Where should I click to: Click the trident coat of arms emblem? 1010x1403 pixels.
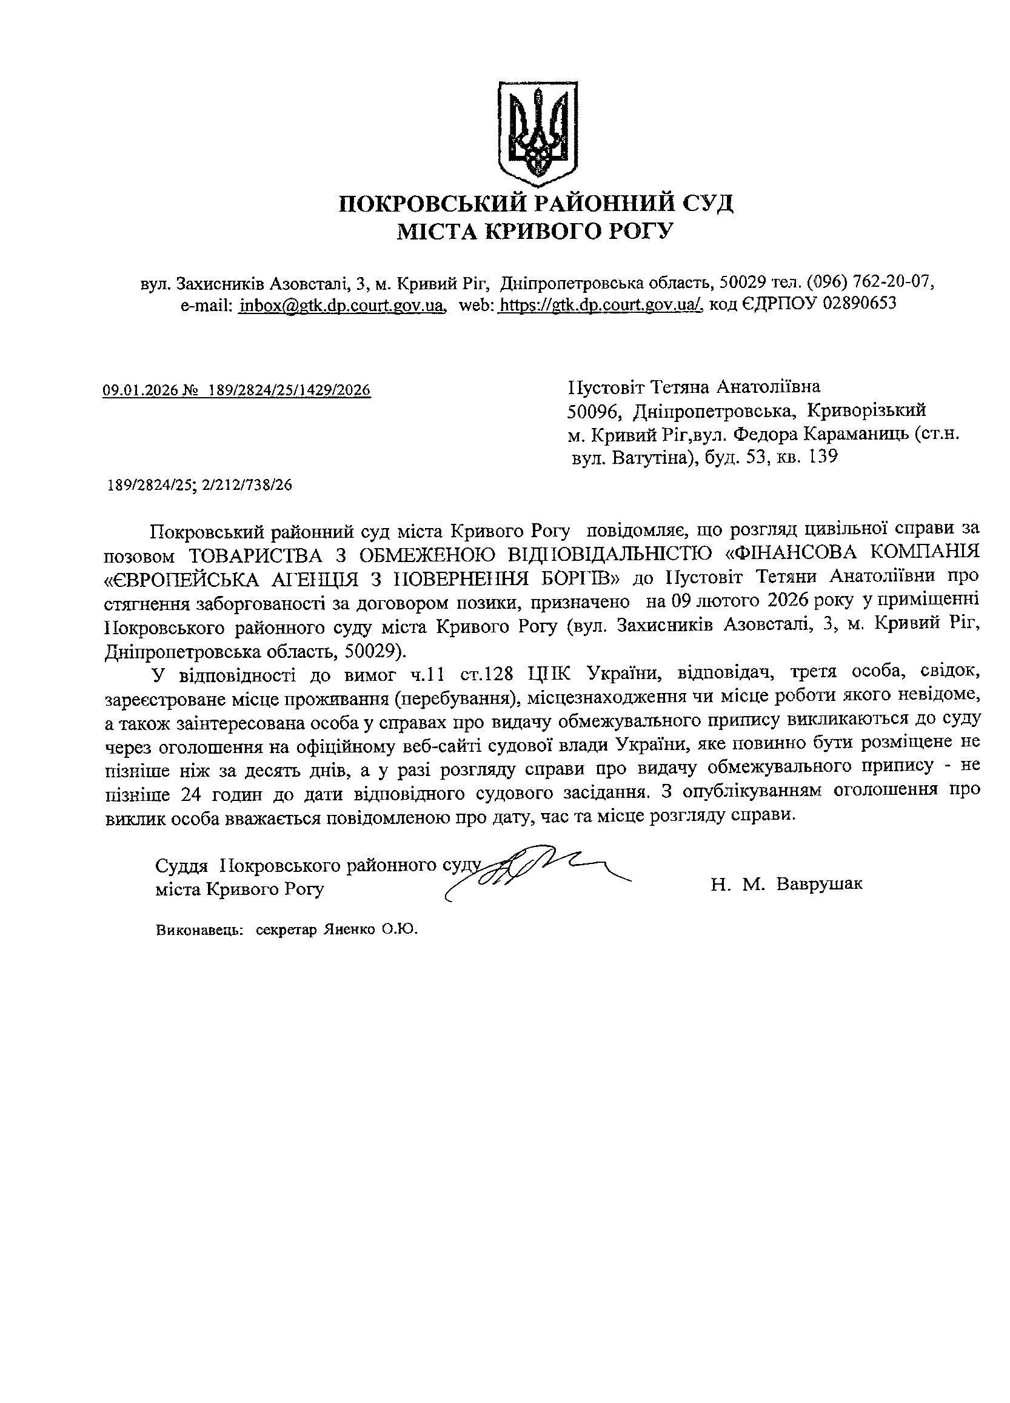point(538,133)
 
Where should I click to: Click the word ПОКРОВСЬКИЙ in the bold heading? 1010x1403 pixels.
point(432,204)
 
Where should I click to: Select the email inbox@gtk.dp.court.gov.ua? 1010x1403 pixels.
point(342,304)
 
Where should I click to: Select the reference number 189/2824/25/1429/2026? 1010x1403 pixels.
point(289,390)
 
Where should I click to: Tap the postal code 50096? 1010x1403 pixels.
point(594,410)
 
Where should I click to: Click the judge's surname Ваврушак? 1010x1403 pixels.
point(819,883)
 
